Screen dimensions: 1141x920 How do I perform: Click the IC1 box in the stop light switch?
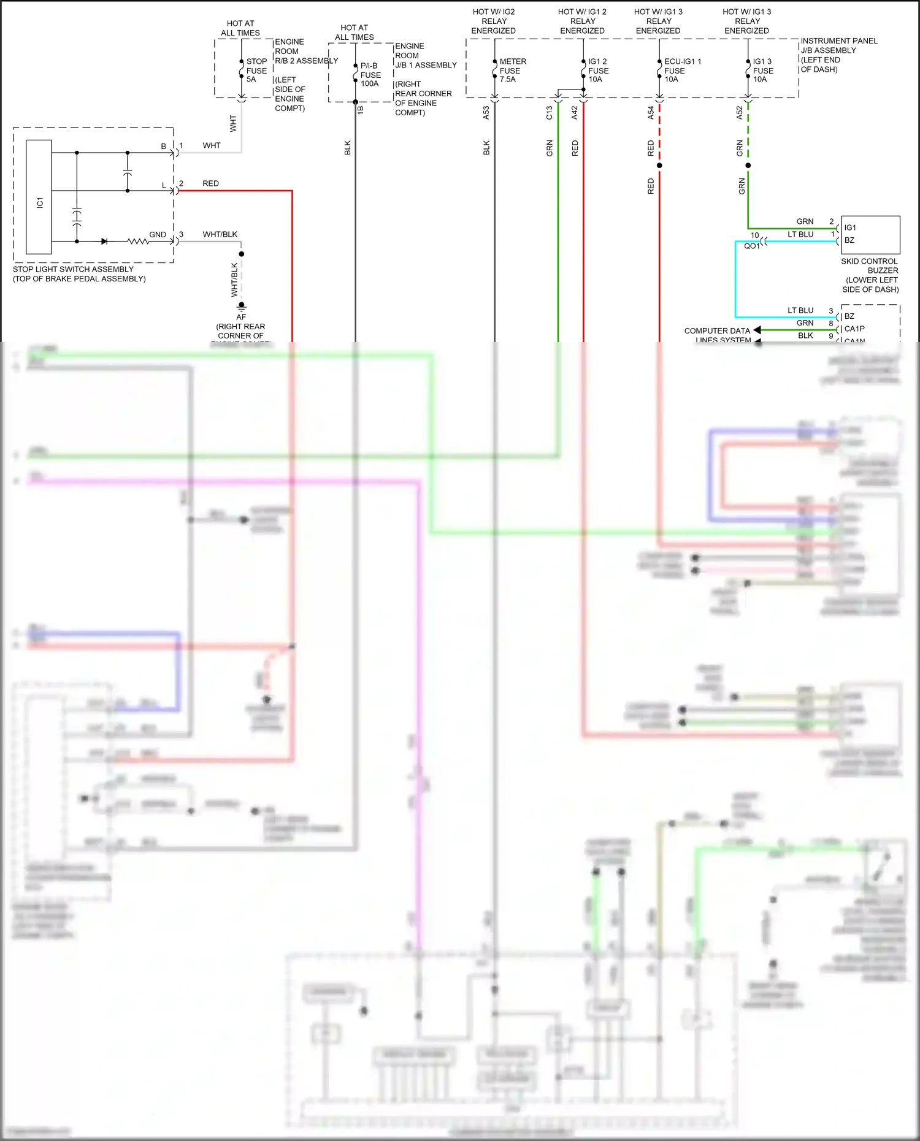[39, 197]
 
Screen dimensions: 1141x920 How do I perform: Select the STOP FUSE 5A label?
[256, 71]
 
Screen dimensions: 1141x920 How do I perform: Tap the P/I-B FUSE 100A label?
[370, 75]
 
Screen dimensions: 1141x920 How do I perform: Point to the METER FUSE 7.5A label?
[512, 71]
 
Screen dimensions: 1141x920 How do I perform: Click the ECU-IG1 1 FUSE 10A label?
[681, 71]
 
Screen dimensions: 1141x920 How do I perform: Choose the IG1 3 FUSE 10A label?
[762, 71]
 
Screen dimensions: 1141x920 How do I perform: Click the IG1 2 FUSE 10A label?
[597, 71]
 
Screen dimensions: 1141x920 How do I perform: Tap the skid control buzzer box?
[870, 234]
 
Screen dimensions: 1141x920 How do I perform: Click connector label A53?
[486, 113]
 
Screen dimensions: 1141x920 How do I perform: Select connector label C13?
[550, 113]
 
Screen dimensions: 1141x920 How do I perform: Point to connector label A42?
[575, 113]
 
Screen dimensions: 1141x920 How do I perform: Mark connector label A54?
[651, 113]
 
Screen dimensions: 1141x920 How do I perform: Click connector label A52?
[740, 113]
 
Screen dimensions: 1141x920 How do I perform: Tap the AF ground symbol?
[242, 306]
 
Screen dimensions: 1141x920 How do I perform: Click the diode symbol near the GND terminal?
[104, 242]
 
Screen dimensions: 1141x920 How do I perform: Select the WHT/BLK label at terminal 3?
[220, 234]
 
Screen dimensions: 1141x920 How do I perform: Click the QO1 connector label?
[752, 246]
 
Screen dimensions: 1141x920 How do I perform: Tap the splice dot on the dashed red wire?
[659, 166]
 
